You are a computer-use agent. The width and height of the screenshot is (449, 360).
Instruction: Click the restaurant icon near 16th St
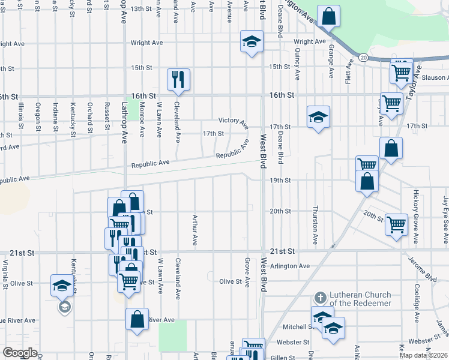[178, 79]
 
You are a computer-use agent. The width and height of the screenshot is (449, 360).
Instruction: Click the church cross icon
[321, 298]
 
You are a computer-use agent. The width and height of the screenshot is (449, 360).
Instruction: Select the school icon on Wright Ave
[252, 41]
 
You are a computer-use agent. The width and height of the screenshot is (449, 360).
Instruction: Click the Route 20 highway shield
[364, 58]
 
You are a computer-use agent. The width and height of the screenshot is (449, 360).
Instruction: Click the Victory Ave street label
[233, 122]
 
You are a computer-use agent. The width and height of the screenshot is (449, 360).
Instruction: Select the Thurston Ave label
[315, 225]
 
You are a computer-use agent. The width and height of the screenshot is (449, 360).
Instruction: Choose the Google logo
[20, 353]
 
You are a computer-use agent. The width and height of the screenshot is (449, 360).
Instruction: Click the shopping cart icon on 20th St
[397, 225]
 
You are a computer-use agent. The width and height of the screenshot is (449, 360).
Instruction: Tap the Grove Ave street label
[247, 273]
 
